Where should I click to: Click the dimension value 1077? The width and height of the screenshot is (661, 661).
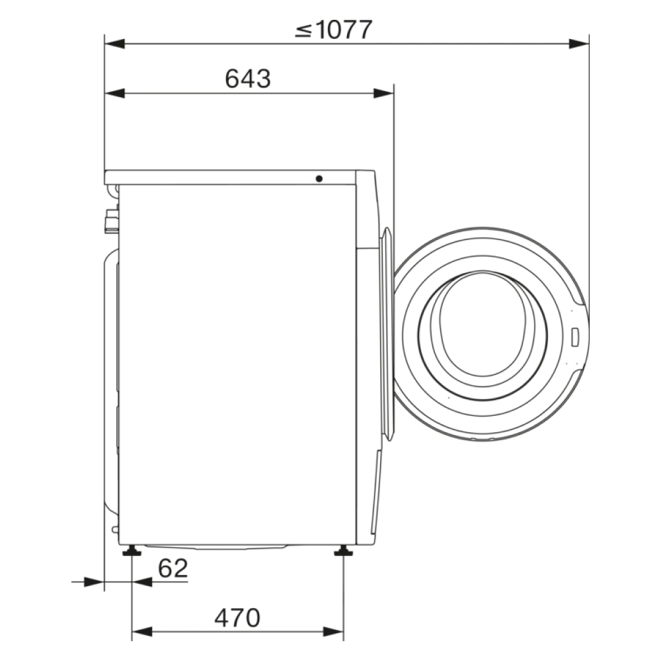(343, 30)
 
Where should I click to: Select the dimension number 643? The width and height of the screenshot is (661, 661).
(248, 79)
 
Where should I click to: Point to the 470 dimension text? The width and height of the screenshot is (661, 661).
(237, 618)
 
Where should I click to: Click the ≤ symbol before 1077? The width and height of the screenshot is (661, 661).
(303, 31)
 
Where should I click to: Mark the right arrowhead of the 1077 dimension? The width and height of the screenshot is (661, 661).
(578, 44)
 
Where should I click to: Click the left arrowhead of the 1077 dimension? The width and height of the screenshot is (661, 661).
(114, 44)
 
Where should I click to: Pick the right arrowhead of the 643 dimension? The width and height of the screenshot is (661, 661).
(383, 93)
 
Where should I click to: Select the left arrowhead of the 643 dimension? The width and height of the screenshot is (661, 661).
(114, 93)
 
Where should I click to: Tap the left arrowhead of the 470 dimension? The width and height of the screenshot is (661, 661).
(142, 632)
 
